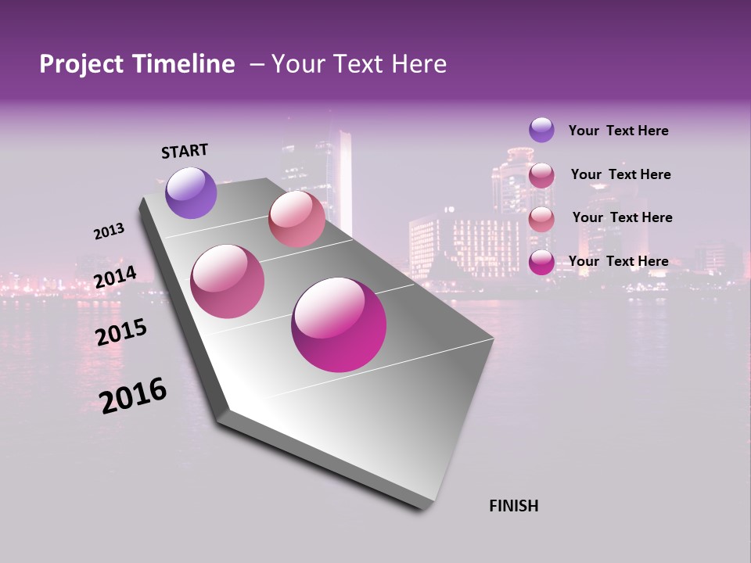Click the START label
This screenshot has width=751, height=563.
185,151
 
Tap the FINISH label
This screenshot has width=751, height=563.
513,506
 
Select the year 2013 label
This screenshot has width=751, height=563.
109,231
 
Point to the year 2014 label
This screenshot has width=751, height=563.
115,278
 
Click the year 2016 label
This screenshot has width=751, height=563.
133,395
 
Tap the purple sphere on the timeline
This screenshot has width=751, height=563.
191,192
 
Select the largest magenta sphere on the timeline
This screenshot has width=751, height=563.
339,325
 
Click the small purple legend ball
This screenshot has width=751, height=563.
541,130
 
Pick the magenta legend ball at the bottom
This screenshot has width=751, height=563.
541,262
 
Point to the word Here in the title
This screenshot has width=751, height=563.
419,64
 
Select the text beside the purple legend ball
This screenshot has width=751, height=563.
618,131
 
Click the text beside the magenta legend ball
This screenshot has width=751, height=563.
618,261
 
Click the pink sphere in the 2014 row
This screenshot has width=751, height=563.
228,281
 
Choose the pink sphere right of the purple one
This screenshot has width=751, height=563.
296,219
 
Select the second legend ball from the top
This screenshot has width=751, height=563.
541,175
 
